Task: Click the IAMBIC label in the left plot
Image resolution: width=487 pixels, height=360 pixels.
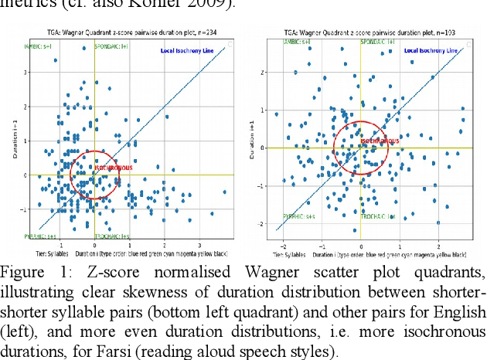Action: click(x=39, y=46)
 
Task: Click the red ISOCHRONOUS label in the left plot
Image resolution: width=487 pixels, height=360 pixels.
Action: click(x=113, y=168)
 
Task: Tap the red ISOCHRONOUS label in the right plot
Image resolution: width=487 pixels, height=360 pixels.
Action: click(x=380, y=141)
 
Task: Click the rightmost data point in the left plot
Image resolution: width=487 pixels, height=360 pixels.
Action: click(x=225, y=192)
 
